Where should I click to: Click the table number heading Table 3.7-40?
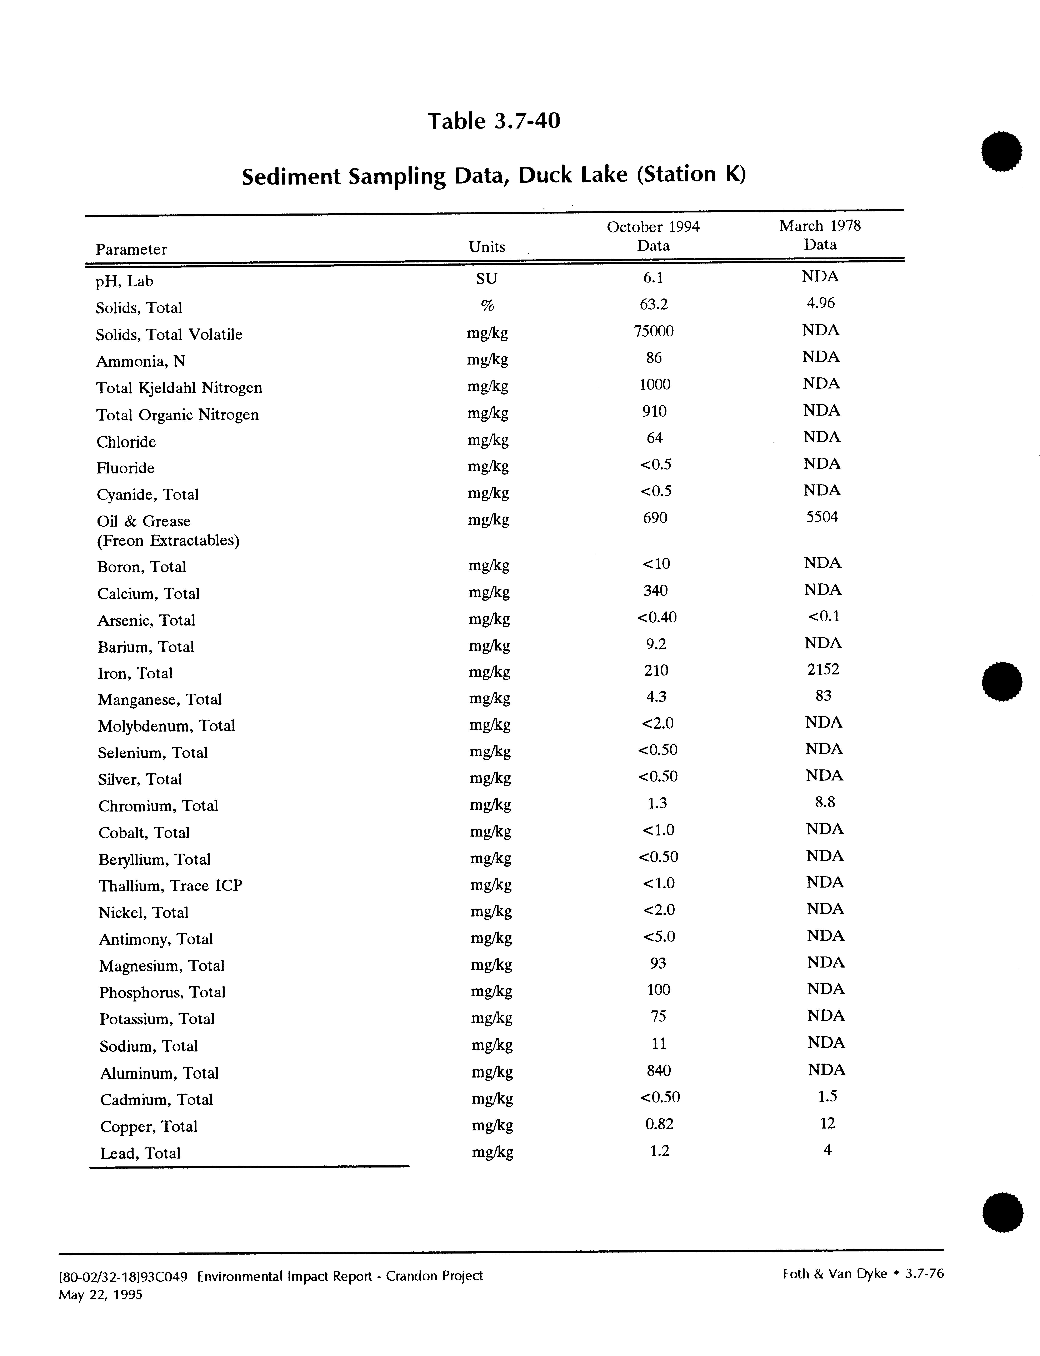[x=493, y=121]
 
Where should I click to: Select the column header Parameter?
[x=131, y=249]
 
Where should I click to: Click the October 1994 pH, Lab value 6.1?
[x=653, y=278]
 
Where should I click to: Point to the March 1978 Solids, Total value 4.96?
[x=820, y=303]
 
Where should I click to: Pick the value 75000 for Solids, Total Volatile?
[x=654, y=331]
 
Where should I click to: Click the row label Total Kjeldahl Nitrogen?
[x=179, y=388]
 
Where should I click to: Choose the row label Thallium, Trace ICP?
[x=170, y=886]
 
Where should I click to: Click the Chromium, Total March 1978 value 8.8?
[x=825, y=802]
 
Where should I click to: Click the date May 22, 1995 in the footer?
[x=100, y=1295]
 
